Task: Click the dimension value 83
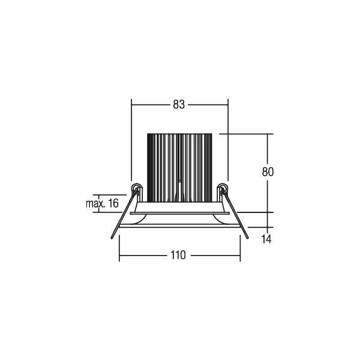pyautogui.click(x=179, y=104)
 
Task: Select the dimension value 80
pyautogui.click(x=268, y=172)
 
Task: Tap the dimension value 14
pyautogui.click(x=266, y=239)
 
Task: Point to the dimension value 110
pyautogui.click(x=178, y=255)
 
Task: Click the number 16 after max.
pyautogui.click(x=113, y=203)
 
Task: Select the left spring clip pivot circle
pyautogui.click(x=136, y=188)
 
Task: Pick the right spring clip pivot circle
pyautogui.click(x=223, y=187)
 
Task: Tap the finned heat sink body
pyautogui.click(x=179, y=168)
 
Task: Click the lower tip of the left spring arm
pyautogui.click(x=112, y=238)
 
